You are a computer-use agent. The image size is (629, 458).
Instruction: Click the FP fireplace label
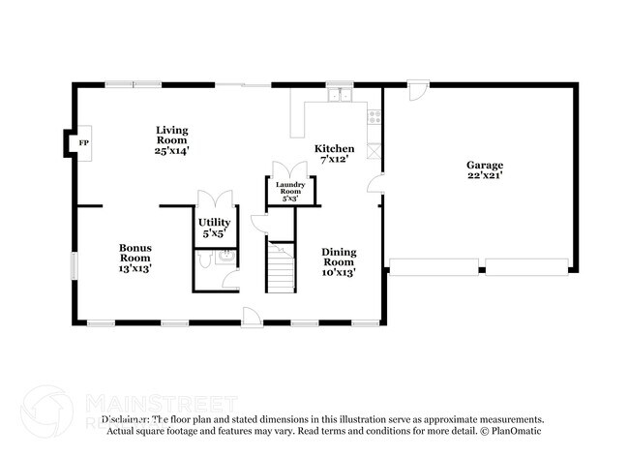pyautogui.click(x=83, y=143)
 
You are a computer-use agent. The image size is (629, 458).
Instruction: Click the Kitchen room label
pyautogui.click(x=335, y=153)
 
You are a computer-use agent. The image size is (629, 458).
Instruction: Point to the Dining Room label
pyautogui.click(x=339, y=261)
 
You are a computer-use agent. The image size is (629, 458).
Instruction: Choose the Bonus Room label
pyautogui.click(x=135, y=257)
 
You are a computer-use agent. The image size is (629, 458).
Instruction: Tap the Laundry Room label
pyautogui.click(x=290, y=191)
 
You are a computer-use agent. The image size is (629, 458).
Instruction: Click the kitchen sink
pyautogui.click(x=339, y=95)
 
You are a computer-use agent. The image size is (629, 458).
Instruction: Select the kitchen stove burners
pyautogui.click(x=374, y=117)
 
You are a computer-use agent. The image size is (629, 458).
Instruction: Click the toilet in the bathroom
pyautogui.click(x=204, y=259)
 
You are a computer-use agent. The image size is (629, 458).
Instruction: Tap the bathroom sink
pyautogui.click(x=225, y=257)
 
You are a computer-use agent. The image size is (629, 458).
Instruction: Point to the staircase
pyautogui.click(x=280, y=267)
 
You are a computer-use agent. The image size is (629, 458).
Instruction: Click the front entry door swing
pyautogui.click(x=251, y=315)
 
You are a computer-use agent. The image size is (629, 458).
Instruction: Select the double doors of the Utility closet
pyautogui.click(x=211, y=198)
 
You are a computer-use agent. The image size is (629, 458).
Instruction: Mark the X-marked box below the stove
pyautogui.click(x=374, y=151)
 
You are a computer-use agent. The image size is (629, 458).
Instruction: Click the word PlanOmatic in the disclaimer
pyautogui.click(x=518, y=431)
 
